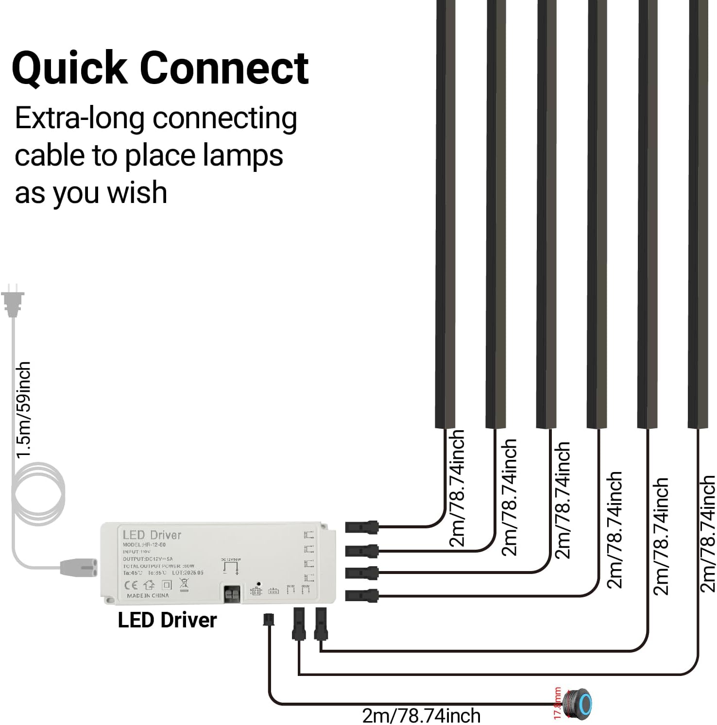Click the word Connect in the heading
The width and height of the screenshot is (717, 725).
224,68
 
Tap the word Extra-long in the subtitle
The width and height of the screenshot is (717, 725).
80,118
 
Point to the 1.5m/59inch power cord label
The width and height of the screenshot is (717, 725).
24,409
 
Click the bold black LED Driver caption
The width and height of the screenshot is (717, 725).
167,620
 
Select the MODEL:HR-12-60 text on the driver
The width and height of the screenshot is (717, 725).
144,545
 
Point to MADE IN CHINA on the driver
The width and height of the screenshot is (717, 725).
148,595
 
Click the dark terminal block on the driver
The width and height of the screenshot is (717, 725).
232,594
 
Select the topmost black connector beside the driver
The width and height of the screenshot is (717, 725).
361,526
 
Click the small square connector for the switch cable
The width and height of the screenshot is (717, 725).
268,620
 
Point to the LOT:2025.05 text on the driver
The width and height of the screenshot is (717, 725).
188,573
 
